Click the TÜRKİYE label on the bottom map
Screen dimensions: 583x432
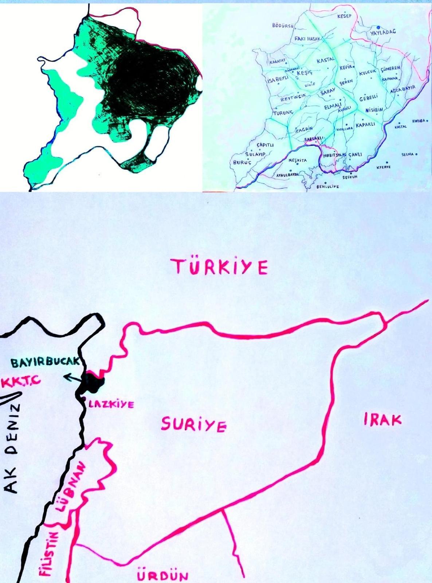point(221,267)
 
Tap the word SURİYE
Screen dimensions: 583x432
point(194,424)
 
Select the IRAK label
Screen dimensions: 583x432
point(382,419)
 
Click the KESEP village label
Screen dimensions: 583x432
point(344,17)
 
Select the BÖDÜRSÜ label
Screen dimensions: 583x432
point(283,26)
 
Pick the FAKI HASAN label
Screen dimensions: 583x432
point(307,39)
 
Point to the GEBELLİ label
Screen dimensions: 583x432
point(368,99)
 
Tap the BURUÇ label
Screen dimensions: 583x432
point(242,163)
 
